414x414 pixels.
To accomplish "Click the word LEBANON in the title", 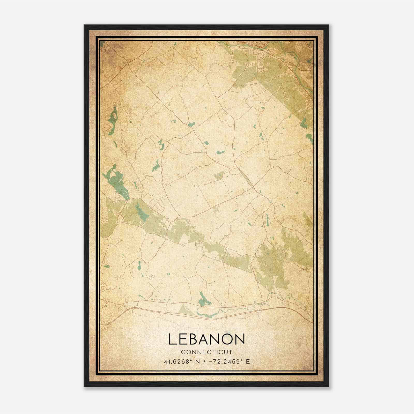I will click(x=206, y=339).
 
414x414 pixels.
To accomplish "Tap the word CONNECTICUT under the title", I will click(x=206, y=352).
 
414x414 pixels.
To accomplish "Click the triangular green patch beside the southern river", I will click(x=185, y=309).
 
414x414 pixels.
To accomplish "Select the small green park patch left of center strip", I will click(x=219, y=176).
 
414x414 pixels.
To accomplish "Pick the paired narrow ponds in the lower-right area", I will click(x=266, y=220).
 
